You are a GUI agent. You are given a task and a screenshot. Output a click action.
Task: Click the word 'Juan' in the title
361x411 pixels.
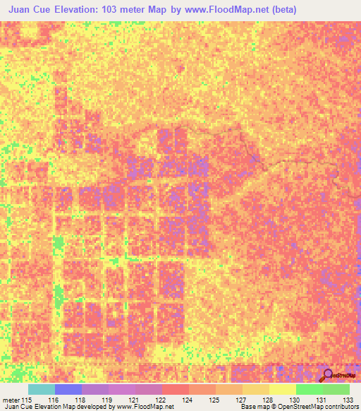coord(22,10)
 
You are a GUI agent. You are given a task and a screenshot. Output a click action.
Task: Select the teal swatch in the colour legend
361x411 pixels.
coord(42,389)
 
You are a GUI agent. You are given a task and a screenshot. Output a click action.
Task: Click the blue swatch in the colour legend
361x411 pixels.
coord(68,389)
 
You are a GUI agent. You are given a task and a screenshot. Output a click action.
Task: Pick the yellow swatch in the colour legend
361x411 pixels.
coord(283,389)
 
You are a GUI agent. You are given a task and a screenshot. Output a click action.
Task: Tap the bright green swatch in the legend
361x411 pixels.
coord(310,389)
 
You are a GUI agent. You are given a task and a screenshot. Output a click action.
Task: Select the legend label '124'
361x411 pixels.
coord(188,399)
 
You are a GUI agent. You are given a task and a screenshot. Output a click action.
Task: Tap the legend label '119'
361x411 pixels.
coord(108,399)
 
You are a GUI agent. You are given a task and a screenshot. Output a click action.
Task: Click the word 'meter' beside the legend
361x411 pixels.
coord(13,399)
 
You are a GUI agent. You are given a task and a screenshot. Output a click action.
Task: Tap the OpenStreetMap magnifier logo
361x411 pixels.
coord(328,375)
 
